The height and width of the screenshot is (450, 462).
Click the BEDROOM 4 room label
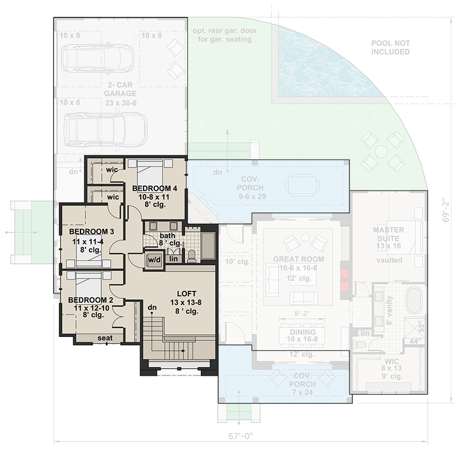coord(155,188)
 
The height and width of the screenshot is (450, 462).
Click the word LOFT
coord(186,294)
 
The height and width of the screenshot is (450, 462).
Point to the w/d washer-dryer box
coord(154,260)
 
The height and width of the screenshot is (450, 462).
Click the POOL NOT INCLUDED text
coord(391,47)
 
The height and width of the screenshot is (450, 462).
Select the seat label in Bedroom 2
coord(105,338)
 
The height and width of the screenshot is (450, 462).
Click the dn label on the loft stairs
coord(152,308)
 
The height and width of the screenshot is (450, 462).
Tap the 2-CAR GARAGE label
coord(122,93)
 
